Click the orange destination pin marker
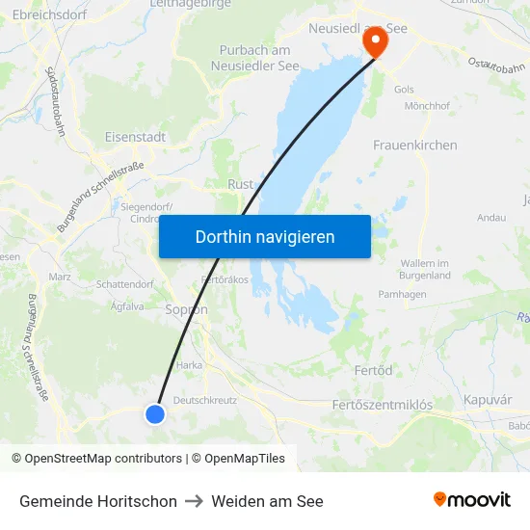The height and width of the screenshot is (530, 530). pos(370,41)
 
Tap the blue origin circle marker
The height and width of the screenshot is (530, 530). pos(155,413)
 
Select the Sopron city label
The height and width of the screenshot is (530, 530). pos(186,309)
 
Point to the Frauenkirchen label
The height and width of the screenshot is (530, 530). pos(414,145)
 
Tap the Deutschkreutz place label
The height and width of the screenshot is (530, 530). pos(205,399)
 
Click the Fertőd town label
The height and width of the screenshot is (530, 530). pos(373,370)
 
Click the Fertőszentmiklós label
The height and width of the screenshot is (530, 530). pos(382,406)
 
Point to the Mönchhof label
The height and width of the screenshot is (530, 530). pos(428,106)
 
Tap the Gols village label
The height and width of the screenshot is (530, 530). pos(404,90)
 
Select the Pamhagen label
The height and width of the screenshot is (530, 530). pos(403,294)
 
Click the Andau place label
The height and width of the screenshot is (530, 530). pos(491,218)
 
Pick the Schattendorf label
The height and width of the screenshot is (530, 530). pos(125,284)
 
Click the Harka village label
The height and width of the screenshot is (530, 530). pos(189,365)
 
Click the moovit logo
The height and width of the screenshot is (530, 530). pos(471,499)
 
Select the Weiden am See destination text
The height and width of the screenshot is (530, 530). pos(267,501)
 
